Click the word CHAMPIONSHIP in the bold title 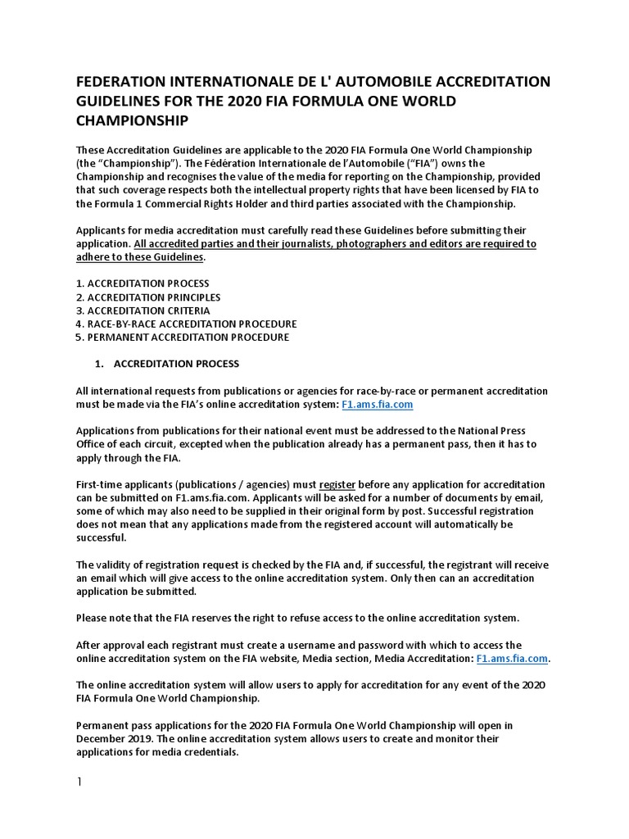pyautogui.click(x=133, y=120)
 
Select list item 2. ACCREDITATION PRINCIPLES pyautogui.click(x=148, y=297)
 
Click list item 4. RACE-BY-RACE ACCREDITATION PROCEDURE pyautogui.click(x=186, y=324)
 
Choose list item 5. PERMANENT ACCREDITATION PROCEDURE pyautogui.click(x=182, y=337)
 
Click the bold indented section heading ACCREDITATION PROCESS pyautogui.click(x=176, y=363)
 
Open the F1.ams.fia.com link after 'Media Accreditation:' pyautogui.click(x=512, y=658)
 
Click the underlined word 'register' pyautogui.click(x=337, y=484)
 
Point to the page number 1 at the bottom pyautogui.click(x=79, y=782)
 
